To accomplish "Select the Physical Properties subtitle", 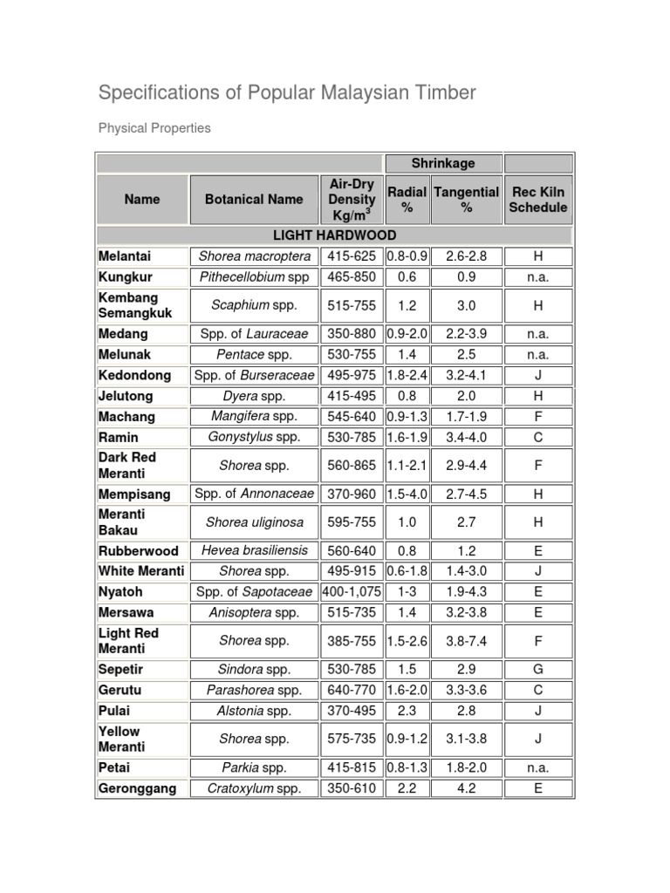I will [x=154, y=128].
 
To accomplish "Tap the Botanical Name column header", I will [x=254, y=199].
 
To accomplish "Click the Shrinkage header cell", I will [x=442, y=163].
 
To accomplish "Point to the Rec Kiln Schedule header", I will [x=537, y=200].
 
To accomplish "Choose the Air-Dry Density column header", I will [x=352, y=200].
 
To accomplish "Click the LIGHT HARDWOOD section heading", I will [x=334, y=235].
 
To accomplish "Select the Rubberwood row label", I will [x=138, y=551].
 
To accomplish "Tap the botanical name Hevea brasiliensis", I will [x=254, y=551].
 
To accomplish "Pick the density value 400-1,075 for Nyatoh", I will [x=352, y=592].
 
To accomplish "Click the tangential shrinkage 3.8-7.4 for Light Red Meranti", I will [x=466, y=641].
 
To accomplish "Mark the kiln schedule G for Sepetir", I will [x=537, y=669].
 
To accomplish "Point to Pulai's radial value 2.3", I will [x=407, y=711].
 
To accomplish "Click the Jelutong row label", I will [x=126, y=396].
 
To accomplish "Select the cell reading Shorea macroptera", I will [x=254, y=256].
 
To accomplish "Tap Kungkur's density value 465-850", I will [x=352, y=277].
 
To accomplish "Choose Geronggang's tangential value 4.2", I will [x=466, y=788].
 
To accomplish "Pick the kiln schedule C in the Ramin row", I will [x=537, y=437].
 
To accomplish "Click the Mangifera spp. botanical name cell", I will [x=254, y=417].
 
